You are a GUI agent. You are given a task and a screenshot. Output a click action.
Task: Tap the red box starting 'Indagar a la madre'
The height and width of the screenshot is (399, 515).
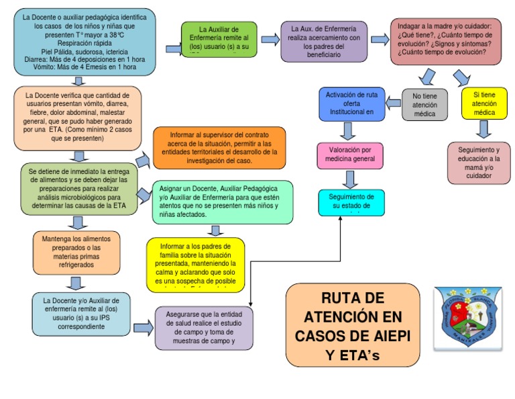pos(445,41)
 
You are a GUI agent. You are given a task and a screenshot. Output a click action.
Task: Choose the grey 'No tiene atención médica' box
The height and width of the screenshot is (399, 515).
pos(424,105)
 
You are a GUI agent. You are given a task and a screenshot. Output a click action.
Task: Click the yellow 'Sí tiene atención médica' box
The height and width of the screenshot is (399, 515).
pos(484,104)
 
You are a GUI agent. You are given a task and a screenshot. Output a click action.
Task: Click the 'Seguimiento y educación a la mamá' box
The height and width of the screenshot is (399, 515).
pos(479,162)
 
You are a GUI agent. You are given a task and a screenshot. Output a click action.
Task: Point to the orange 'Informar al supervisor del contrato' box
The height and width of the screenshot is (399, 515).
pos(219,148)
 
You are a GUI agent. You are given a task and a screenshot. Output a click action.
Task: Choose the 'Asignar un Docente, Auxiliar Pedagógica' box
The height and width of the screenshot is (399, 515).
pos(222,202)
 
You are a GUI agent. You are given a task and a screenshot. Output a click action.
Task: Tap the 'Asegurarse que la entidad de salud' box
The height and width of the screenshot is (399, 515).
pos(204,328)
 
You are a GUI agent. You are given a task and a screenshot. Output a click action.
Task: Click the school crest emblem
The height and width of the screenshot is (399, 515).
pos(466,318)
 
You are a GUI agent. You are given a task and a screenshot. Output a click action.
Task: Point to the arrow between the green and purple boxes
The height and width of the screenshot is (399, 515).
pos(270,40)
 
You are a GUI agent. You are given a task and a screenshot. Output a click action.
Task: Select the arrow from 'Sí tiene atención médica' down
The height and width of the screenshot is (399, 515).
pos(484,129)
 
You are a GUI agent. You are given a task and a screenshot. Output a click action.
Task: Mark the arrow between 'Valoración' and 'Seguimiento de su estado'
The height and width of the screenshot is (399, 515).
pos(350,179)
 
